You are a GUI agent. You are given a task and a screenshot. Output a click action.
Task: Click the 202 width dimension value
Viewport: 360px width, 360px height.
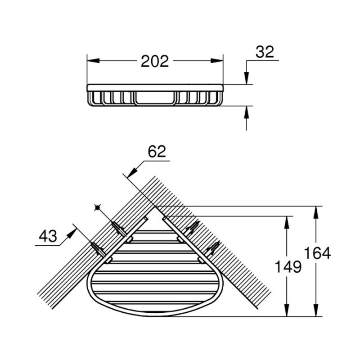154,61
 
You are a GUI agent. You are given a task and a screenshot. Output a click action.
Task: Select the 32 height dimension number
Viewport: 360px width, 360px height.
265,52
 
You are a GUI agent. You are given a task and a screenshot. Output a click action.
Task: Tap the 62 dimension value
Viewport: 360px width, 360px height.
157,151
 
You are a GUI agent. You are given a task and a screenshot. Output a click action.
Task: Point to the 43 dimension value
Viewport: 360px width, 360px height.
48,236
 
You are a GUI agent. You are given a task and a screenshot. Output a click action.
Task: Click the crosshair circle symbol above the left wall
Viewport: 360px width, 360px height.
96,207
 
